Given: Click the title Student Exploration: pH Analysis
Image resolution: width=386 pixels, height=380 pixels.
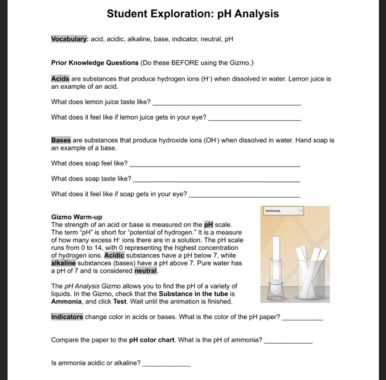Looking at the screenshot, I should coord(192,13).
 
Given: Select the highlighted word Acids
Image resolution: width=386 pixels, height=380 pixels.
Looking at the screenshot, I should coord(60,79).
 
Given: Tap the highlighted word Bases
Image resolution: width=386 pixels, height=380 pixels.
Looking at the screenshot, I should coord(61,141).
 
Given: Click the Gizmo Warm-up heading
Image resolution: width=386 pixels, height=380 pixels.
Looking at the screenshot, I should coord(76,217).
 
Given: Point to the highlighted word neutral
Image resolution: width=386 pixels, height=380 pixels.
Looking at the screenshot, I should coord(146,271).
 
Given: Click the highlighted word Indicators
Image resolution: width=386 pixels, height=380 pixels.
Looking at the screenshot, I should coord(67,317).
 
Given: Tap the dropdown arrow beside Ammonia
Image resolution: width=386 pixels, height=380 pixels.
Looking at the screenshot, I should coord(301,211).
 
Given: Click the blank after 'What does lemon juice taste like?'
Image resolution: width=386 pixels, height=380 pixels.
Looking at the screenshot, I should coord(226,103).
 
